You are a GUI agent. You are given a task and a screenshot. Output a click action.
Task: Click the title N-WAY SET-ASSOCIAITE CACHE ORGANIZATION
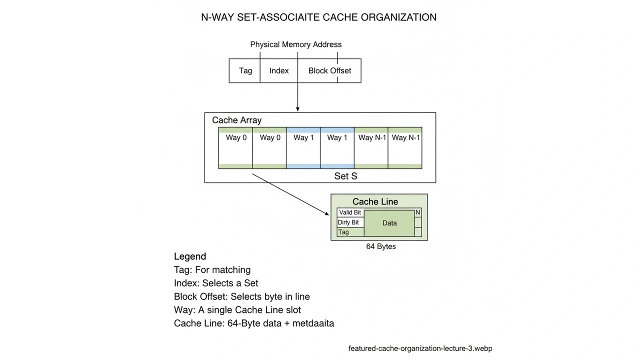pyautogui.click(x=318, y=17)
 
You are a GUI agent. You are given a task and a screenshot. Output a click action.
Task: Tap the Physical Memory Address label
pyautogui.click(x=295, y=44)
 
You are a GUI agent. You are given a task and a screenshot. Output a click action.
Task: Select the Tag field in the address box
pyautogui.click(x=245, y=70)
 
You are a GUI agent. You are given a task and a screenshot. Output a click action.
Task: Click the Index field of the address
pyautogui.click(x=279, y=70)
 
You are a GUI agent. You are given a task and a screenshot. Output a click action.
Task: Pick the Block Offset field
pyautogui.click(x=329, y=70)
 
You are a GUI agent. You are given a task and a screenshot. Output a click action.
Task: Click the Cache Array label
pyautogui.click(x=236, y=120)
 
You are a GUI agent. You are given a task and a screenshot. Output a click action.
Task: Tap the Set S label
pyautogui.click(x=345, y=176)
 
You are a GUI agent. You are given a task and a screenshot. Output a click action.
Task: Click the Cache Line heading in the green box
pyautogui.click(x=375, y=201)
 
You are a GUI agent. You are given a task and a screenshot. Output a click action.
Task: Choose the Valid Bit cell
pyautogui.click(x=350, y=212)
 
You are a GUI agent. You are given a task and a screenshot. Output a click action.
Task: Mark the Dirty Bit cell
pyautogui.click(x=348, y=222)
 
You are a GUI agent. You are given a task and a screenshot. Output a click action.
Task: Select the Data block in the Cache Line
pyautogui.click(x=389, y=223)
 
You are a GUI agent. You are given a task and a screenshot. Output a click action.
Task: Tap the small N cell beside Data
pyautogui.click(x=418, y=212)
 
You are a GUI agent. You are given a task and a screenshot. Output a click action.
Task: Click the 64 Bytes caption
pyautogui.click(x=380, y=246)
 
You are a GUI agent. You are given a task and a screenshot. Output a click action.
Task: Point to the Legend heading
pyautogui.click(x=190, y=256)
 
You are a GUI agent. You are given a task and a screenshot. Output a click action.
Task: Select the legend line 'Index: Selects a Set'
pyautogui.click(x=216, y=283)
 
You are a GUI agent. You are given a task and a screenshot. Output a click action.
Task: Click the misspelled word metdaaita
pyautogui.click(x=313, y=323)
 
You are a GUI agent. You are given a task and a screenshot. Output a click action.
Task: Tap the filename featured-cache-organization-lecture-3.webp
pyautogui.click(x=420, y=348)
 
